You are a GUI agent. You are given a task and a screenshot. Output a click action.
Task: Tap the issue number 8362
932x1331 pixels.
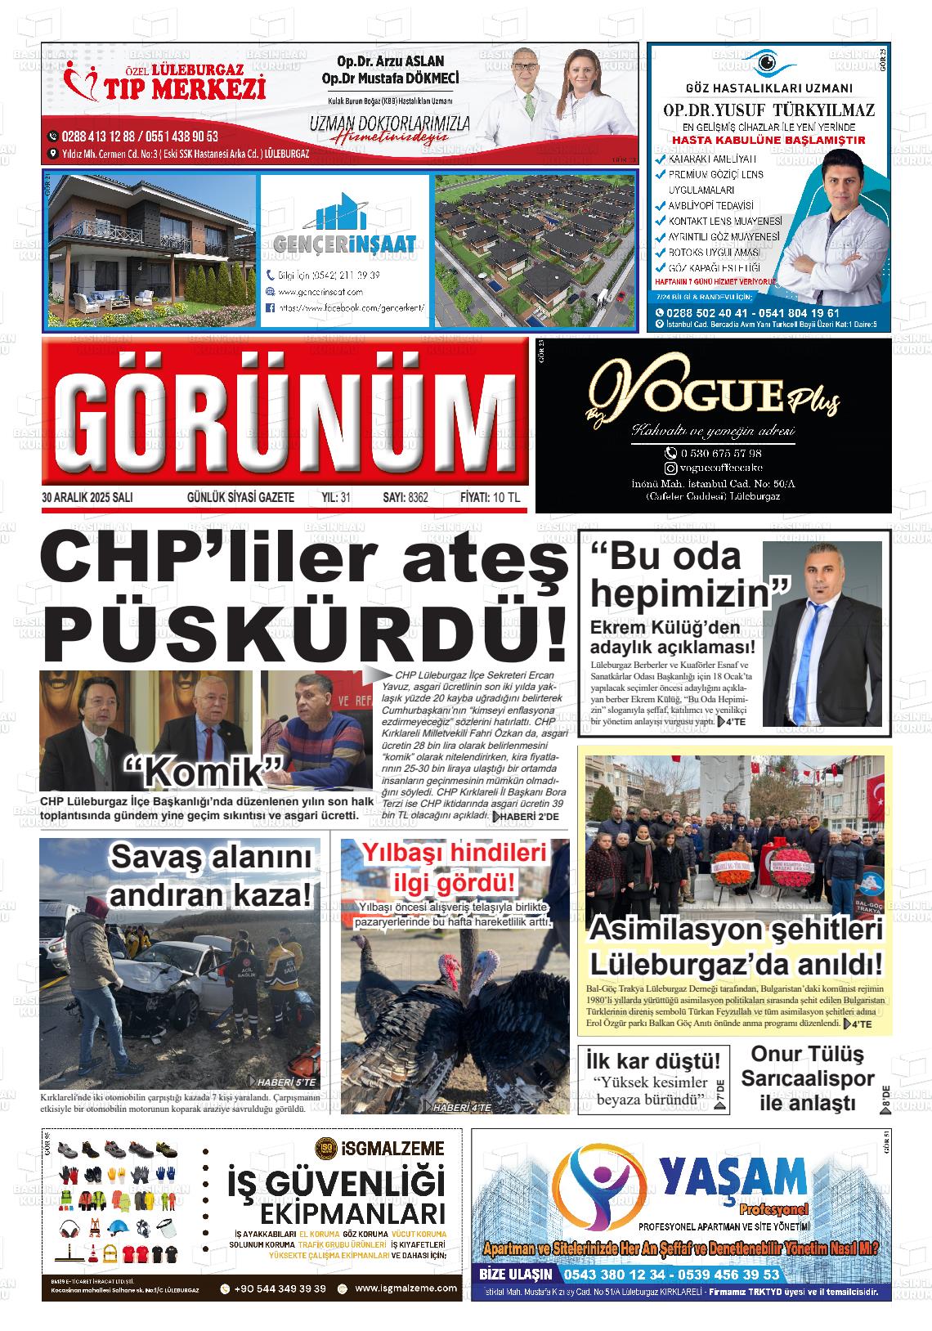click(x=416, y=498)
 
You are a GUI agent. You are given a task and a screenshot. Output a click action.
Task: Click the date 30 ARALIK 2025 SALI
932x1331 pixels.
click(x=87, y=498)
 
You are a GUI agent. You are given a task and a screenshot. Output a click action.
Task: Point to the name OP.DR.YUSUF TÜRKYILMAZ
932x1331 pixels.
click(x=768, y=110)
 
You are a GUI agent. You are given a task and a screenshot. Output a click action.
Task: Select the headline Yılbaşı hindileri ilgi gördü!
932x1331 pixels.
click(x=455, y=867)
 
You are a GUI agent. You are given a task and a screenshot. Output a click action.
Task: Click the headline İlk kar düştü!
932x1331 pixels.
click(x=653, y=1061)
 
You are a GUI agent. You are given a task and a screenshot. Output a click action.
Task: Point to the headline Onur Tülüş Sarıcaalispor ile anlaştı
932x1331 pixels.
click(x=807, y=1078)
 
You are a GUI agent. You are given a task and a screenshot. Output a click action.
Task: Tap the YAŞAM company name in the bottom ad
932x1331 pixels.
click(x=733, y=1177)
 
